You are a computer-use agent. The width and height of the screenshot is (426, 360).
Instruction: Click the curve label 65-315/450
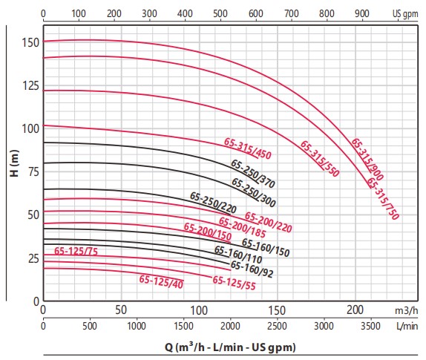tap(247, 148)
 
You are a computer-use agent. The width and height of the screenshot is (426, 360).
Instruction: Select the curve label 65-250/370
tap(253, 174)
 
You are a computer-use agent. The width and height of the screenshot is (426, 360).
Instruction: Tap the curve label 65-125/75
tap(76, 251)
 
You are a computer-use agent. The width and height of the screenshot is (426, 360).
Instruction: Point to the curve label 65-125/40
tap(161, 281)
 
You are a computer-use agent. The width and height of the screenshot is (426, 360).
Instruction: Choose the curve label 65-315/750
tap(383, 198)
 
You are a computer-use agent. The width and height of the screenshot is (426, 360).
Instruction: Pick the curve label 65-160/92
tap(252, 269)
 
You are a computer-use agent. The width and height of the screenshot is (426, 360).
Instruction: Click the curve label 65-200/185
tap(243, 227)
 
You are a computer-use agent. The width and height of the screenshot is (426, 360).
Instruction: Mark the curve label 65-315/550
tap(320, 159)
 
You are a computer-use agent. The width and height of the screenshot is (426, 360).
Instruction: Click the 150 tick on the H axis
tap(30, 42)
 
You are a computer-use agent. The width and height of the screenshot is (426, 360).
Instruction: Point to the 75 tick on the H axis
tap(34, 171)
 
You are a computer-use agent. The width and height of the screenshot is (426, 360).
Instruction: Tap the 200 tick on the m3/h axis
tap(355, 310)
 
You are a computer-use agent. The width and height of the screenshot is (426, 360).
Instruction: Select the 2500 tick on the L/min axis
tap(277, 326)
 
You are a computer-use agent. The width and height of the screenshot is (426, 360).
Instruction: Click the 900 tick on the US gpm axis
tap(362, 13)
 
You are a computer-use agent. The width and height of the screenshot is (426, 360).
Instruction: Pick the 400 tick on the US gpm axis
tap(185, 13)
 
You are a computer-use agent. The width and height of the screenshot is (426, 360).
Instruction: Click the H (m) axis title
tap(14, 163)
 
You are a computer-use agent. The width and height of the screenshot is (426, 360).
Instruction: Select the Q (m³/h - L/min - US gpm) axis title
tap(230, 347)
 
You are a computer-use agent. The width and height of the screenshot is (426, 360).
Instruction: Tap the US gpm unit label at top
tap(405, 14)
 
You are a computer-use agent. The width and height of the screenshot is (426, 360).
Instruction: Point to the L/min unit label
tap(407, 326)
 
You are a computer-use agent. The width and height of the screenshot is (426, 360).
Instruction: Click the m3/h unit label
tap(407, 310)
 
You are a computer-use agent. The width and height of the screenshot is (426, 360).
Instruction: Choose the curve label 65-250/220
tap(213, 203)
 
